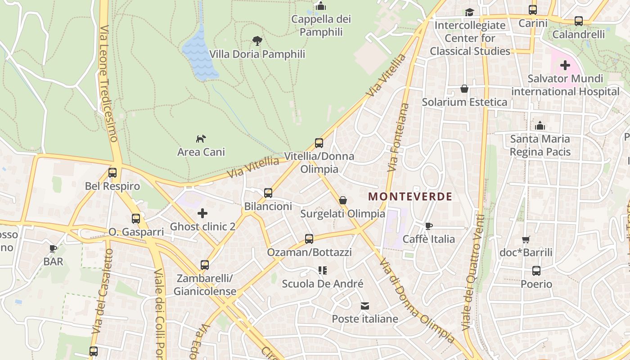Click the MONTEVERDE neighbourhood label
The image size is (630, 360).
(x=410, y=196)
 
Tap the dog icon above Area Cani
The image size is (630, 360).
(x=201, y=139)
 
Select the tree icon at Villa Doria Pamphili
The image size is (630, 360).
(x=257, y=41)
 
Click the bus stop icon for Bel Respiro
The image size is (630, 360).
(x=112, y=172)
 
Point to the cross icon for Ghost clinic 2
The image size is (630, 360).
(x=202, y=213)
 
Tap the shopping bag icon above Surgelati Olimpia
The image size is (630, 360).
(x=343, y=200)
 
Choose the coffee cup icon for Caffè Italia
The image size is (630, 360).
(x=428, y=226)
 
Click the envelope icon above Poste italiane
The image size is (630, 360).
(x=365, y=306)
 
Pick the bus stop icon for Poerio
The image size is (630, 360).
(x=536, y=271)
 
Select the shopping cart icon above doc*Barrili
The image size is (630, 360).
(x=526, y=239)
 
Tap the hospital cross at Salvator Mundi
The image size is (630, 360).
(x=565, y=66)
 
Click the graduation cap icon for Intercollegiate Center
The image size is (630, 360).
(x=470, y=12)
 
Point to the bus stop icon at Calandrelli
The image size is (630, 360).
(x=579, y=21)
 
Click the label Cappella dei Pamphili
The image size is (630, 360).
(x=321, y=26)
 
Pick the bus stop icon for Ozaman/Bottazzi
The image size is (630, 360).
(x=309, y=239)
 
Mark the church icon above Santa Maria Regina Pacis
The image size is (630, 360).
(x=540, y=126)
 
